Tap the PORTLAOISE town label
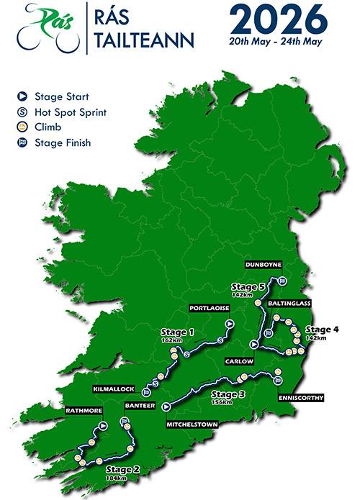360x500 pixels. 209,308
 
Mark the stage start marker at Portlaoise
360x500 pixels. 230,324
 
